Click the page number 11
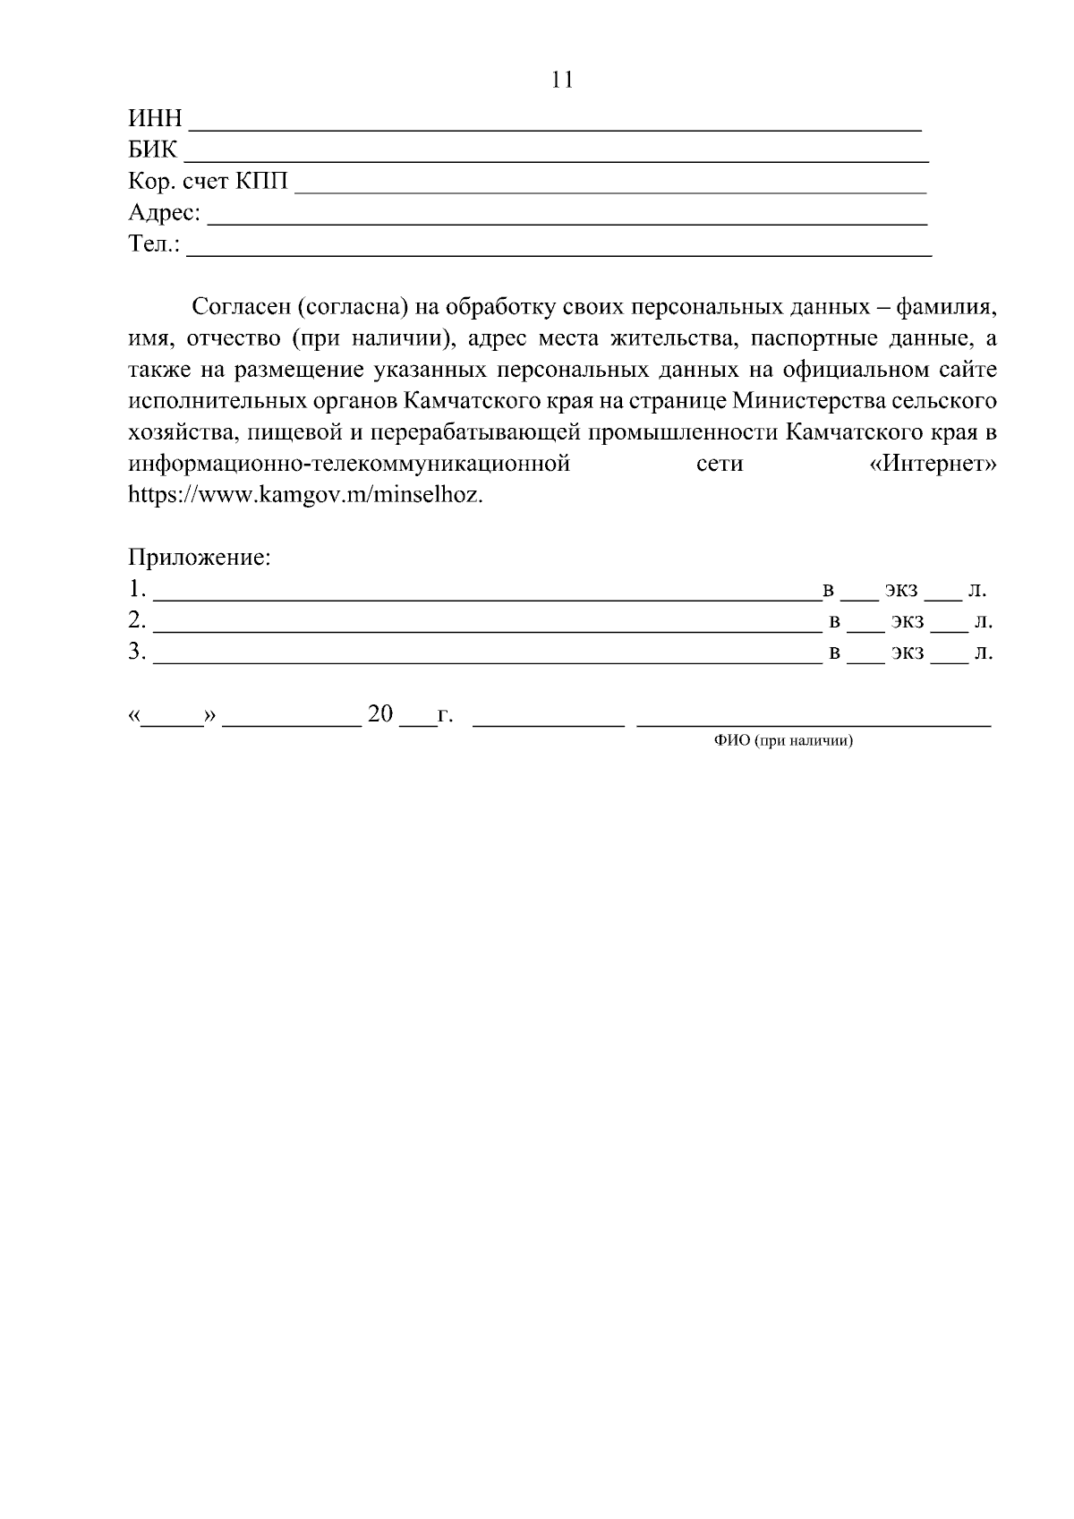[x=561, y=81]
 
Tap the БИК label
[x=153, y=149]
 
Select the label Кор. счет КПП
[x=209, y=182]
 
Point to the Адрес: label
[x=165, y=213]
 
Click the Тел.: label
[x=154, y=243]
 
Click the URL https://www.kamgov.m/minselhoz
[x=306, y=495]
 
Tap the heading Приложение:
[x=200, y=558]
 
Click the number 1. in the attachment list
[x=137, y=590]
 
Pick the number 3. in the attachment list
[x=137, y=652]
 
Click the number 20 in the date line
[x=380, y=713]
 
